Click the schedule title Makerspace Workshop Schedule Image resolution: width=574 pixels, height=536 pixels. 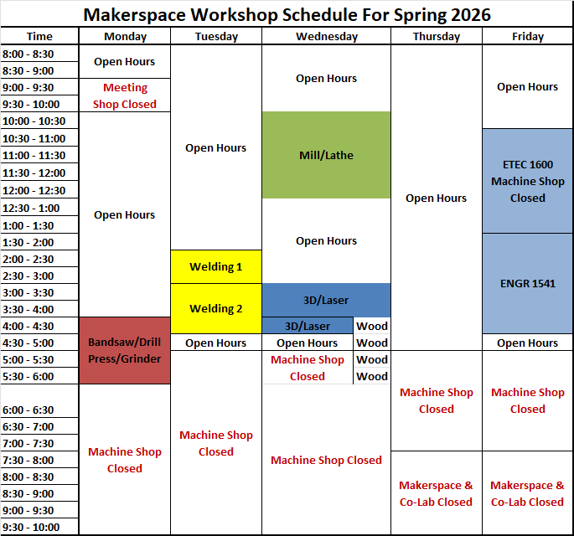coord(287,14)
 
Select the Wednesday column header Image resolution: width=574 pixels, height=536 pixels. coord(326,36)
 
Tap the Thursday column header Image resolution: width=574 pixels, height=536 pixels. coord(436,36)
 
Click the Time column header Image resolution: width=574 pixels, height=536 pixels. coord(39,36)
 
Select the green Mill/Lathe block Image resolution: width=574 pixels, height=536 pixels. coord(326,155)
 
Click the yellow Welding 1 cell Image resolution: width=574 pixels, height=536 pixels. coord(215,266)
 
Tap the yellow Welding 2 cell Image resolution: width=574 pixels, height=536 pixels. coord(215,308)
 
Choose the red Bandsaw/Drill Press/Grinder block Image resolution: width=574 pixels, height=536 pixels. coord(124,350)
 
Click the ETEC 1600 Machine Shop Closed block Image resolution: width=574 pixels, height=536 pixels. coord(527,181)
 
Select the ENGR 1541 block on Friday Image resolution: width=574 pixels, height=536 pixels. coord(527,283)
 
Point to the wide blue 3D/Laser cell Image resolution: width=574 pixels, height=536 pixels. coord(326,300)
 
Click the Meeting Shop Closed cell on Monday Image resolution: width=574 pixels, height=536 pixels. coord(124,95)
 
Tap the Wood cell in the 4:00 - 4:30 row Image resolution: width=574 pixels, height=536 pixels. coord(372,326)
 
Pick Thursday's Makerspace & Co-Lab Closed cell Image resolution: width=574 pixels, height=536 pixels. coord(436,493)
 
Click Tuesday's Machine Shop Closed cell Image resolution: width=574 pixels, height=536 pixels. coord(215,443)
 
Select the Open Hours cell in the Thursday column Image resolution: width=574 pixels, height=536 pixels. coord(436,198)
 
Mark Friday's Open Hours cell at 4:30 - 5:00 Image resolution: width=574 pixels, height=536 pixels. coord(527,343)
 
